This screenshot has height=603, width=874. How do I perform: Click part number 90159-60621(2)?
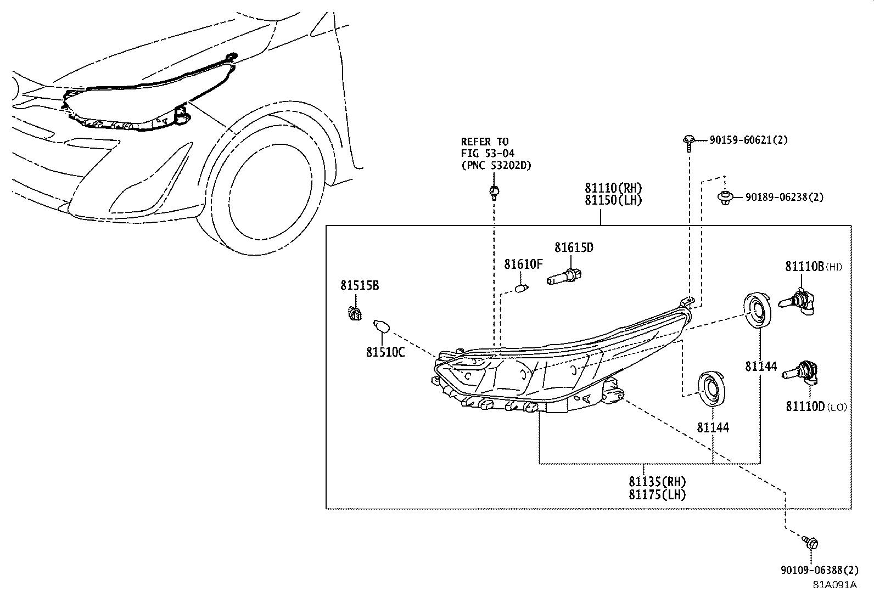pos(748,140)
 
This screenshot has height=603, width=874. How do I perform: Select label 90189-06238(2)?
pos(784,197)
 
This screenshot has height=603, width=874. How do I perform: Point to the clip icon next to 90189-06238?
pos(725,198)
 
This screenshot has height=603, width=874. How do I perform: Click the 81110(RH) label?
pos(613,189)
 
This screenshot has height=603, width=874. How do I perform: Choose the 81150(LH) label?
pos(613,200)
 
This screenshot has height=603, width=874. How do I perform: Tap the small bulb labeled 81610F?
pos(522,287)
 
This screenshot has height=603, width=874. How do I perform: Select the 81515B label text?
pos(359,286)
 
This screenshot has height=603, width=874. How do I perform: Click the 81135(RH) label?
pos(657,482)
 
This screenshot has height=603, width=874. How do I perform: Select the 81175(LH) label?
pos(657,494)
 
